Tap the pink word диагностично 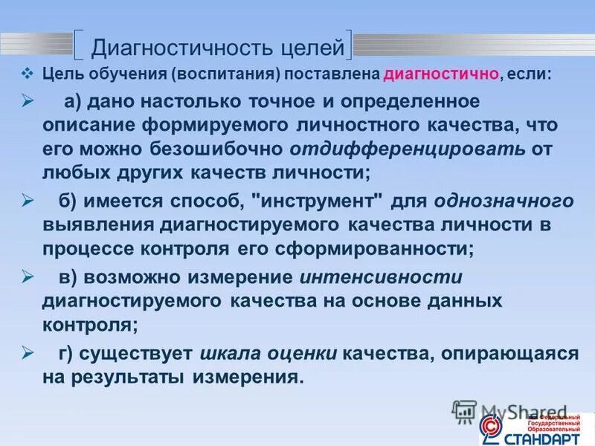431,76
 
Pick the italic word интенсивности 382,277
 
